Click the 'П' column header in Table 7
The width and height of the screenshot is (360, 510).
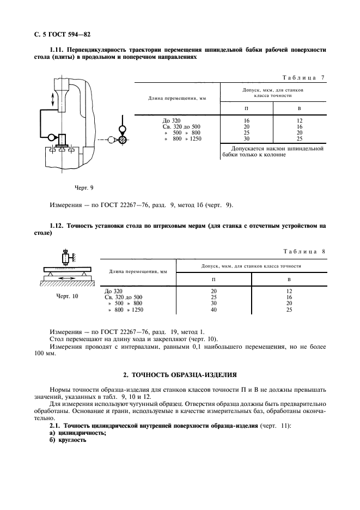(246, 108)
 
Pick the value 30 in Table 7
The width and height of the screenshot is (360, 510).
(246, 139)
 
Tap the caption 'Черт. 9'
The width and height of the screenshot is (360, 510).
(84, 187)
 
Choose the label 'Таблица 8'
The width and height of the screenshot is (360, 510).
(304, 251)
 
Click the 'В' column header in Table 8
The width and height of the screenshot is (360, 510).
(289, 280)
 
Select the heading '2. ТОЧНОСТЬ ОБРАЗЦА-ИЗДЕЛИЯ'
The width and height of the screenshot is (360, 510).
(179, 375)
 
